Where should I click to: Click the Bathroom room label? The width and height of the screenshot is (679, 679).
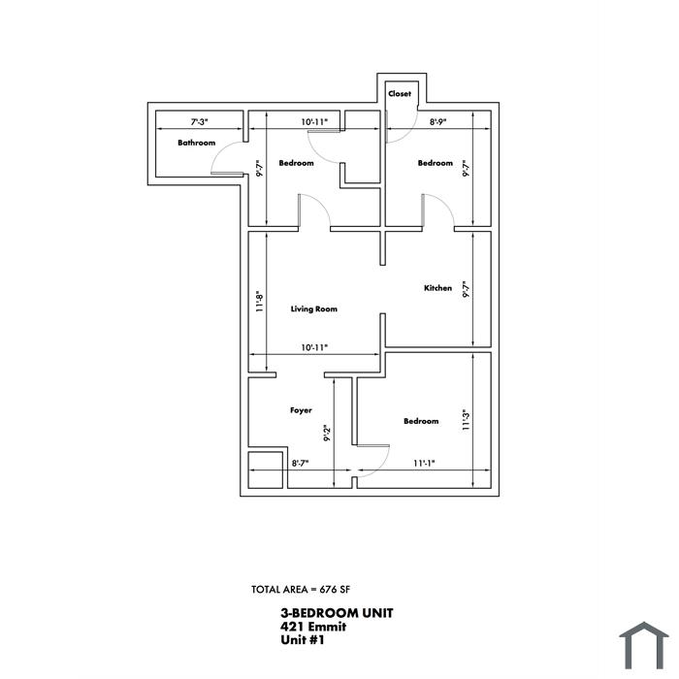197,143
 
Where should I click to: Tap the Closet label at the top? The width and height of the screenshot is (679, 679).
400,93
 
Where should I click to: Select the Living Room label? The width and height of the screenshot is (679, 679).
314,308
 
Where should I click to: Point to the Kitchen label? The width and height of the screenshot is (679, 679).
437,288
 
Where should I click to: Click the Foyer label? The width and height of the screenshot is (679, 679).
301,410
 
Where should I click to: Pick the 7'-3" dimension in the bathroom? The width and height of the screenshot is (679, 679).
200,121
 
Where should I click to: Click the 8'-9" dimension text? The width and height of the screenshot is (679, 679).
437,121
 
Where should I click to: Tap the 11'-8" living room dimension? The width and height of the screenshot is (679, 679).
259,302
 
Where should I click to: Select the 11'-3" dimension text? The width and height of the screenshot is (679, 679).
466,420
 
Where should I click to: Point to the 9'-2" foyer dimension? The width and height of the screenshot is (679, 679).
327,433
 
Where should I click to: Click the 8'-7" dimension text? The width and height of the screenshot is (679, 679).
300,463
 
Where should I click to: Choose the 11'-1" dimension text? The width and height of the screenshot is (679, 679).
424,463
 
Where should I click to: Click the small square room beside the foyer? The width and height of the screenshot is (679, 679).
266,469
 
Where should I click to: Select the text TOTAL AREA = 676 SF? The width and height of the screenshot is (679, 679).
301,590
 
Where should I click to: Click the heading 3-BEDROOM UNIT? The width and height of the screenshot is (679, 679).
337,613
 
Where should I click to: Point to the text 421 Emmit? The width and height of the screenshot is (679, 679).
313,627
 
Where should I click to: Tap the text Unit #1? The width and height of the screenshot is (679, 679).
303,639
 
